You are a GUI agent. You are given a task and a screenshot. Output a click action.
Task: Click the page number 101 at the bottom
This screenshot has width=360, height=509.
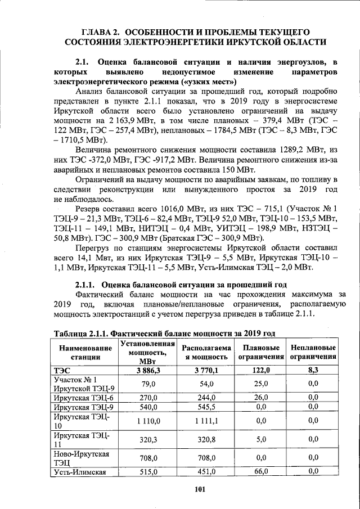pos(199,489)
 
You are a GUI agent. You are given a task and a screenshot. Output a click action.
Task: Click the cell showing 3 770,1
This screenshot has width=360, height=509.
pos(206,370)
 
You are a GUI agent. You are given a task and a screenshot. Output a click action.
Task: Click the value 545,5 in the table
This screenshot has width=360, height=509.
pos(206,406)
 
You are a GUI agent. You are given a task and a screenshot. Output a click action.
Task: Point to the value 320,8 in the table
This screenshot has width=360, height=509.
pos(206,439)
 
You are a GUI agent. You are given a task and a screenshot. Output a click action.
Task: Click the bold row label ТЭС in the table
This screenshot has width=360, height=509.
pos(59,370)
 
